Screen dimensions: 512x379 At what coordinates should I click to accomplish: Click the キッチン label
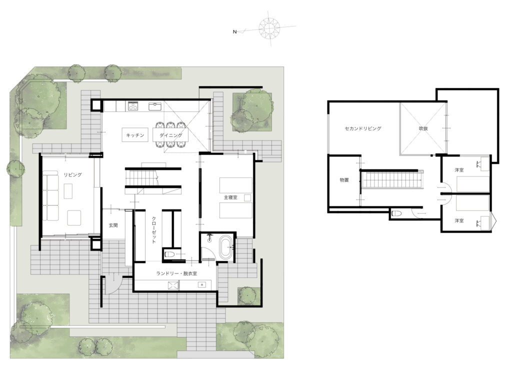[135, 135]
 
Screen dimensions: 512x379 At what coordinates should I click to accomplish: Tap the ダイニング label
[171, 135]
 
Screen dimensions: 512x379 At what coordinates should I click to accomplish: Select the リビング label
[72, 174]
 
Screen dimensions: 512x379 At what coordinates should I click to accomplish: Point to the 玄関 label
[113, 225]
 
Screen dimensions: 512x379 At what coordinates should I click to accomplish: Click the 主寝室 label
[230, 197]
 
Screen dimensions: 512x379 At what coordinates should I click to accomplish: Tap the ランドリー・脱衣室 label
[176, 273]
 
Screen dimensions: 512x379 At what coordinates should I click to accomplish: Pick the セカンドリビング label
[363, 128]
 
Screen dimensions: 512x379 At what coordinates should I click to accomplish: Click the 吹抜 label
[423, 128]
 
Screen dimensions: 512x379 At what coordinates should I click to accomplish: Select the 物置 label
[344, 180]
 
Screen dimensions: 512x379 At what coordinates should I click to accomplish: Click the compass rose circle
[269, 27]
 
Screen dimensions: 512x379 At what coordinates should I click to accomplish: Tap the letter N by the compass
[234, 32]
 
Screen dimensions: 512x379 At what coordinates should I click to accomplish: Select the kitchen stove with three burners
[133, 106]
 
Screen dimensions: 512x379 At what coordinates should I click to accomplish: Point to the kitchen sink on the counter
[155, 106]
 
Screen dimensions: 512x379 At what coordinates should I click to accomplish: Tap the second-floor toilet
[396, 214]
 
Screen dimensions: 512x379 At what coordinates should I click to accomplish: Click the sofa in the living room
[50, 197]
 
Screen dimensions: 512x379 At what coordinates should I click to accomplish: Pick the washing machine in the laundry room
[173, 285]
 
